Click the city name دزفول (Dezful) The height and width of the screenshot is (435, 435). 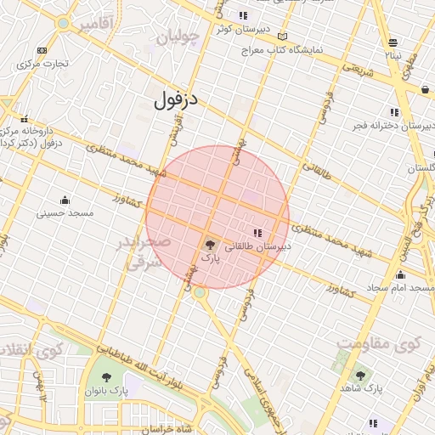[x=176, y=99]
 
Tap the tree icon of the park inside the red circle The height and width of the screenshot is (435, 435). [x=210, y=244]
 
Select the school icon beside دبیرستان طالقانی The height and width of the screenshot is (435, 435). [x=257, y=233]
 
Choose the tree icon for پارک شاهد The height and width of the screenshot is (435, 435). [x=360, y=375]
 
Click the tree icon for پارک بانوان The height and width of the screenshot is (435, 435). [x=106, y=377]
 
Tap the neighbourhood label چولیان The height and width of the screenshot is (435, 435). [x=178, y=37]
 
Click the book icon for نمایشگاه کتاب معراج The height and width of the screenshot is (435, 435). [x=282, y=37]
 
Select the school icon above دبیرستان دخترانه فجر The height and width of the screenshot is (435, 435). [x=393, y=112]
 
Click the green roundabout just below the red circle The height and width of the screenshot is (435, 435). [x=199, y=293]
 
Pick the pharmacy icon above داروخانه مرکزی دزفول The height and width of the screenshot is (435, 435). [x=25, y=119]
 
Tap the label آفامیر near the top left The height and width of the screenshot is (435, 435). [x=95, y=25]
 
